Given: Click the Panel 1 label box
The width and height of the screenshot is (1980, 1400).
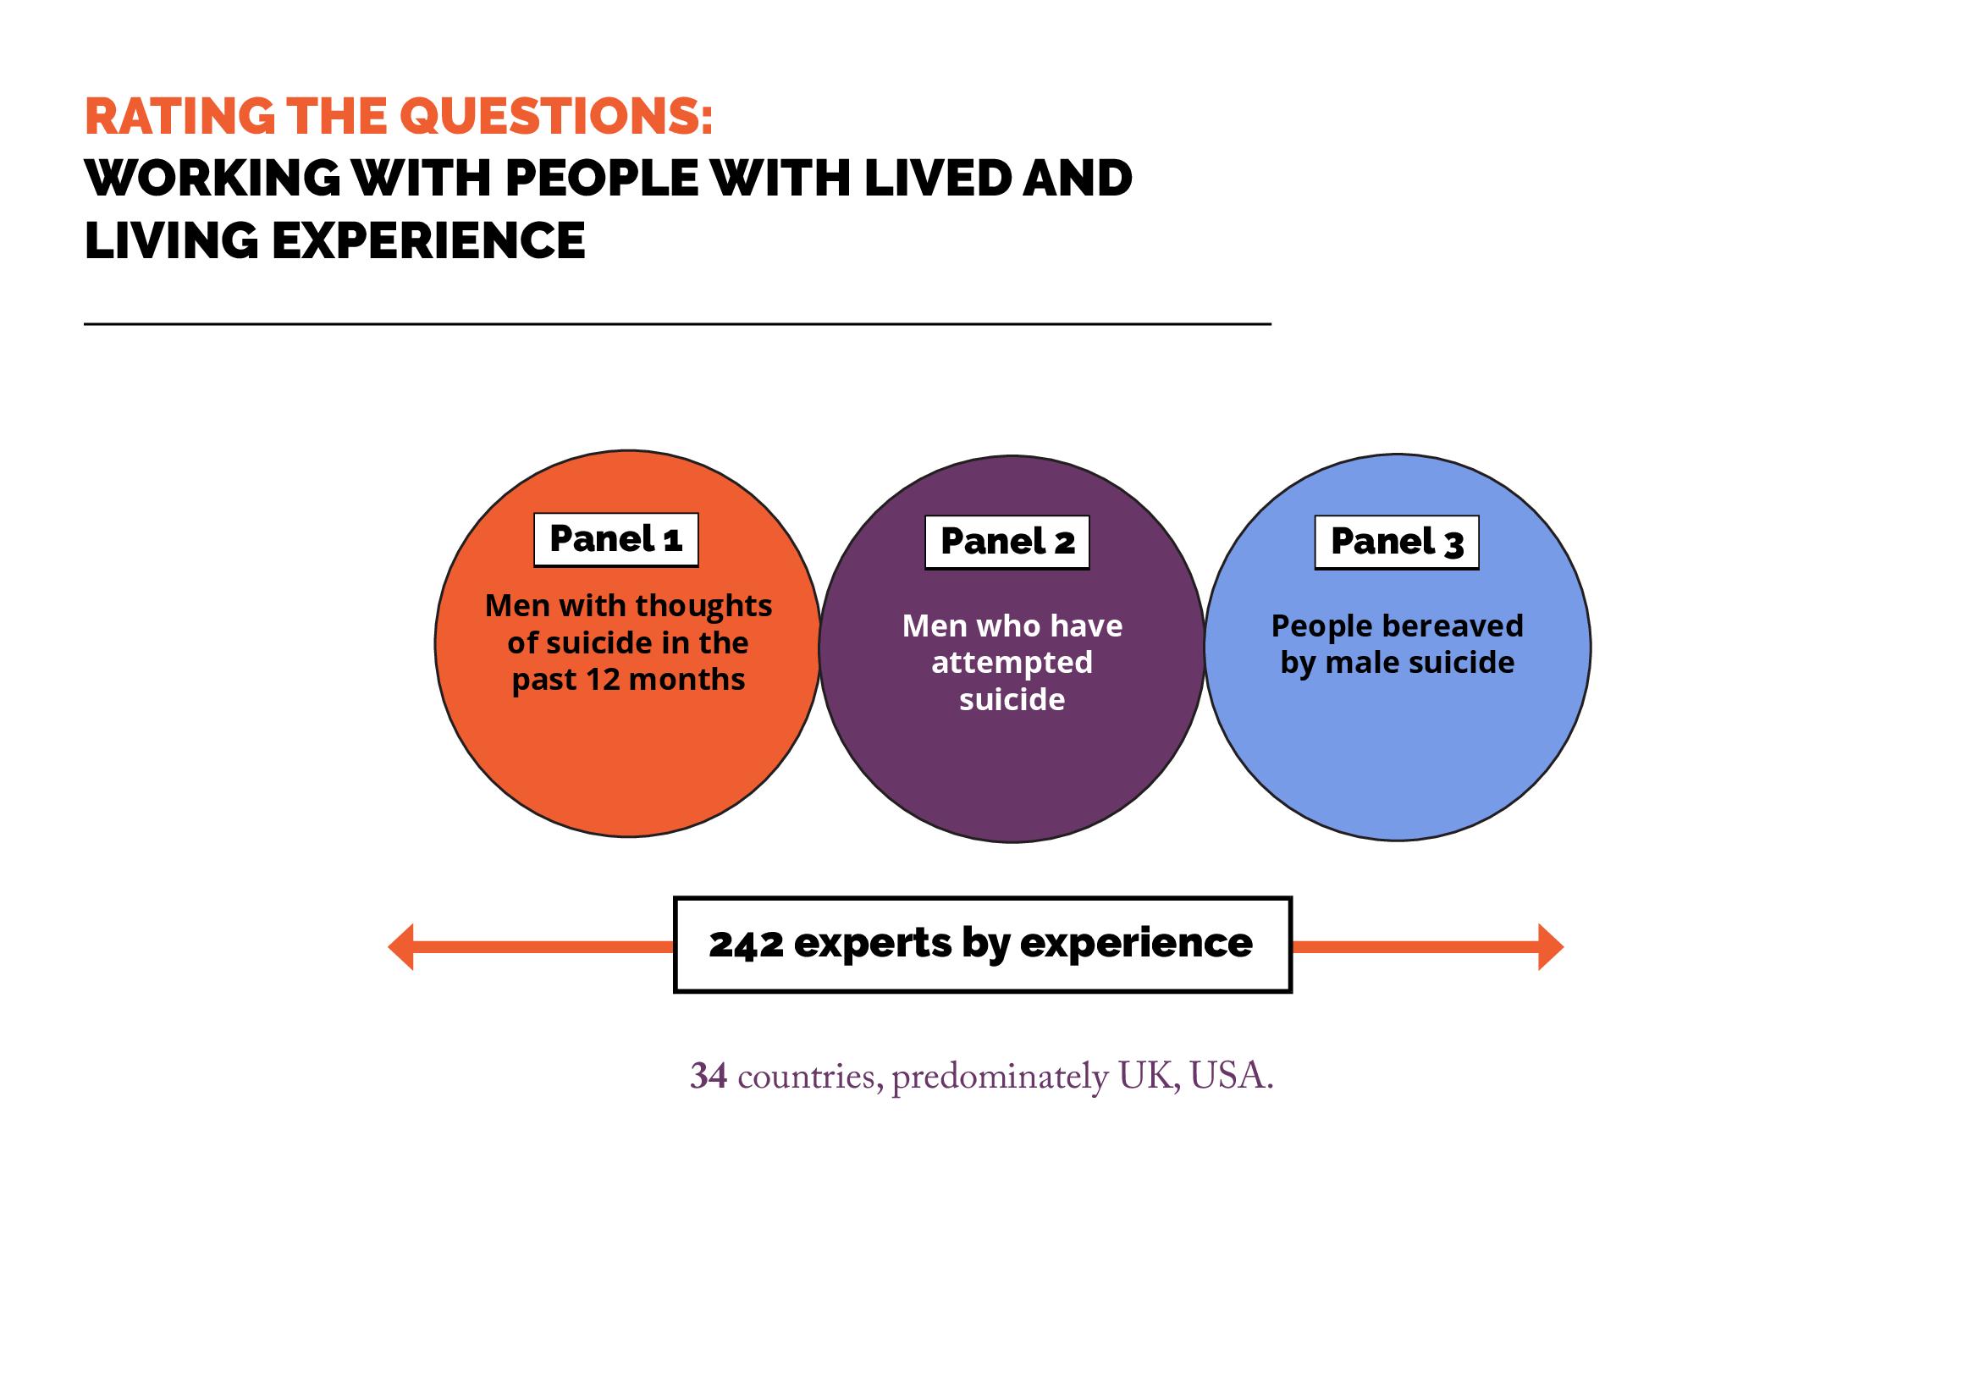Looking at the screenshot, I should click(615, 540).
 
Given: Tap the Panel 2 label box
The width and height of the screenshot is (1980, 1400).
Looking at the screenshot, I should click(1007, 543).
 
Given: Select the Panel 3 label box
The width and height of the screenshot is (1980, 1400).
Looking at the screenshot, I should click(1396, 543).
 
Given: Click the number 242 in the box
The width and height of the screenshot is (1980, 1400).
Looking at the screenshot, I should click(746, 944).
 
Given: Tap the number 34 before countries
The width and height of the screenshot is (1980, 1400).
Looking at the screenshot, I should click(708, 1076).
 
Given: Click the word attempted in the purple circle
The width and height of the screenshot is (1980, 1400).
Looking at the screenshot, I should click(1012, 662).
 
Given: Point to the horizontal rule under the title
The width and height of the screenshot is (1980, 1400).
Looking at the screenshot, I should click(677, 324).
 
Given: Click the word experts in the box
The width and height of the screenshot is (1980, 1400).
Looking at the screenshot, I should click(872, 944).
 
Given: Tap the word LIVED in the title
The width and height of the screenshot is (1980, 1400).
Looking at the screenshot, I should click(936, 179).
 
